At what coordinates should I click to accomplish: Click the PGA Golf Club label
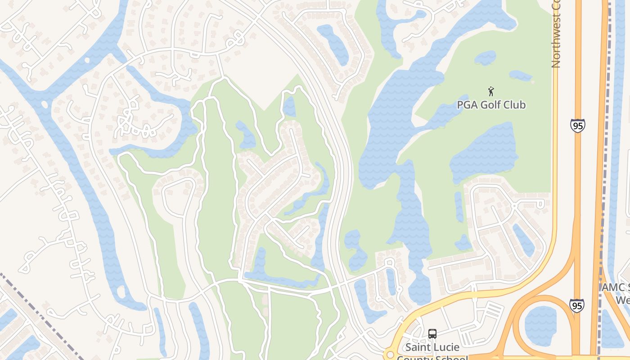click(491, 105)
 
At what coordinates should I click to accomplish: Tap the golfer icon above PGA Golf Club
click(491, 91)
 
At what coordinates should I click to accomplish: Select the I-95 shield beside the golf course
click(577, 125)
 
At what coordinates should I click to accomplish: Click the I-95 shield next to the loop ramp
click(576, 305)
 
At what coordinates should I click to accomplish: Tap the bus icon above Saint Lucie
click(432, 334)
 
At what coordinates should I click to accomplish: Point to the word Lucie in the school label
click(447, 347)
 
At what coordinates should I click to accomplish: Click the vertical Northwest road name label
click(556, 34)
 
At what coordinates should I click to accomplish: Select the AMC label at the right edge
click(615, 288)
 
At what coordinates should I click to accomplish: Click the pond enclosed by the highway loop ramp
click(540, 326)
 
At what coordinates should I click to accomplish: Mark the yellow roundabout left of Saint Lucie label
click(390, 355)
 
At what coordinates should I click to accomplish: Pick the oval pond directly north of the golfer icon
click(485, 58)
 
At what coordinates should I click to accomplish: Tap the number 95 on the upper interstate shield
click(577, 126)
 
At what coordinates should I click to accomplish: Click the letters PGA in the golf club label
click(466, 105)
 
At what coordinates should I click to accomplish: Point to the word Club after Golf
click(515, 105)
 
